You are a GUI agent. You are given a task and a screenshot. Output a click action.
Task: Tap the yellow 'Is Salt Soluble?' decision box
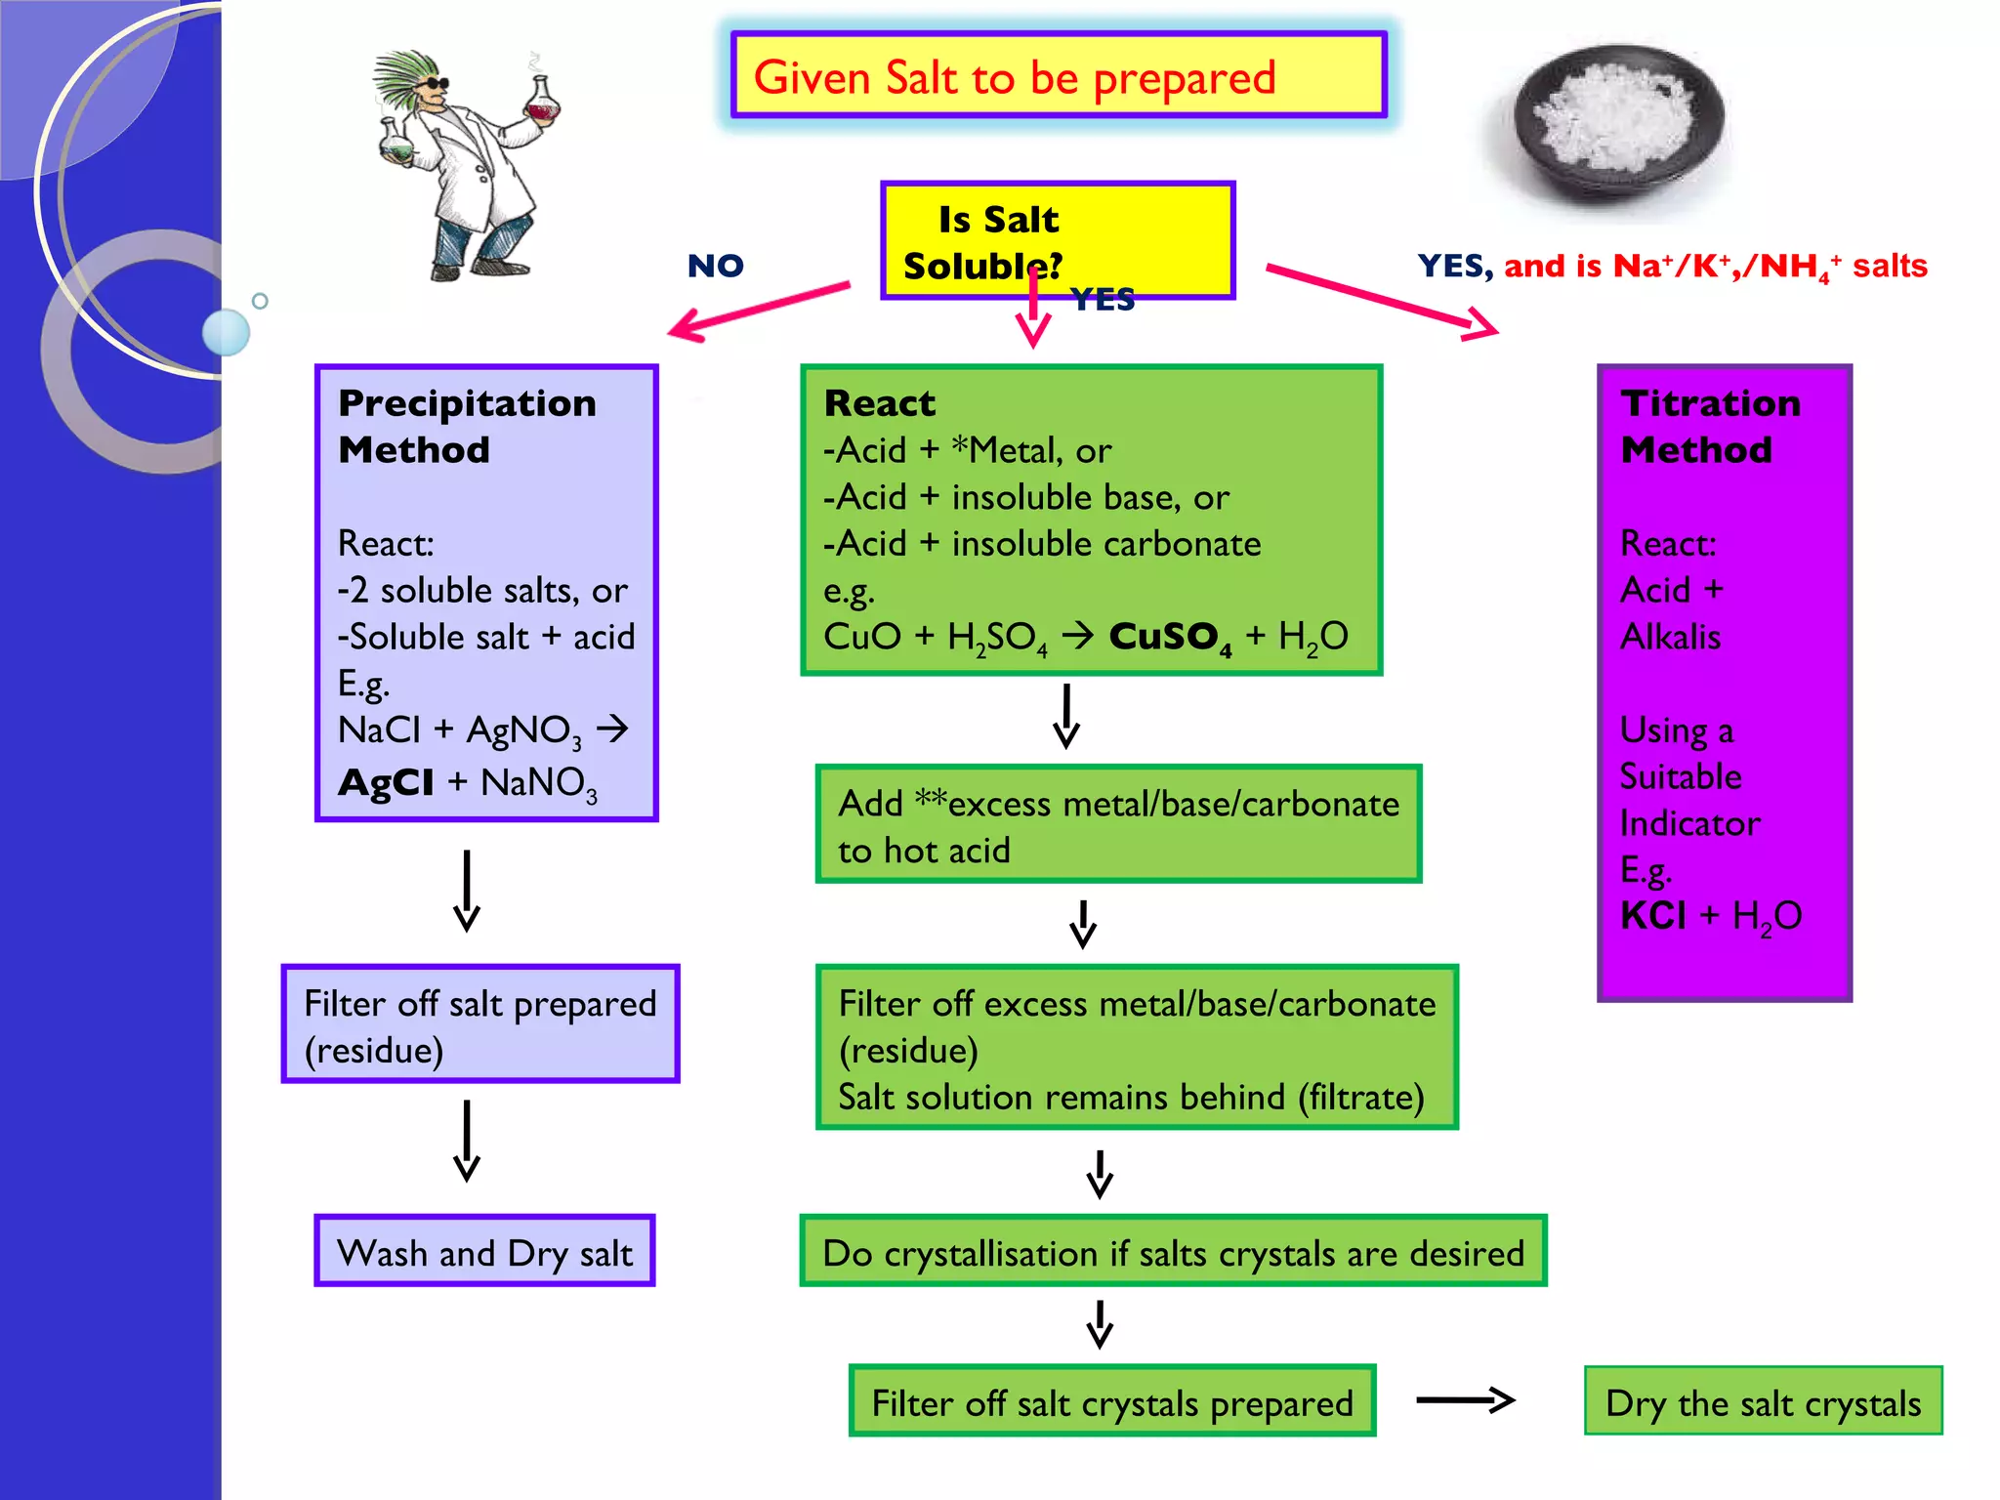[x=1058, y=240]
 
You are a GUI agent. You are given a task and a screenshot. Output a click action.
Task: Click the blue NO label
[x=715, y=266]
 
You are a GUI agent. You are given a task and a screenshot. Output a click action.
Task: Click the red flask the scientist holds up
[x=543, y=100]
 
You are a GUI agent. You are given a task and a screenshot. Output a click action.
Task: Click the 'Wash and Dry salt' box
[x=484, y=1252]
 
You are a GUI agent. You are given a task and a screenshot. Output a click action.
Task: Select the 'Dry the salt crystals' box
[x=1763, y=1402]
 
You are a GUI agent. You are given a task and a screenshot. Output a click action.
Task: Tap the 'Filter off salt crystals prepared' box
[x=1111, y=1402]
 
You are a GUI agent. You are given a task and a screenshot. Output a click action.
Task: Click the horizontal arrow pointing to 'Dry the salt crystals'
[x=1465, y=1400]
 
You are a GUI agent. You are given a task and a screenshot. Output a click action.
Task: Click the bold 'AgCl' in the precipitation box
[x=386, y=782]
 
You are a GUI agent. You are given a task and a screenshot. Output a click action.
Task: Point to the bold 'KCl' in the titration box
[x=1652, y=916]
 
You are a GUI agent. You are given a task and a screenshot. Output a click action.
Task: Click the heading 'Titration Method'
[x=1710, y=426]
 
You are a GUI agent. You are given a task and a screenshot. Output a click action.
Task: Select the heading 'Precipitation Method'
[x=467, y=426]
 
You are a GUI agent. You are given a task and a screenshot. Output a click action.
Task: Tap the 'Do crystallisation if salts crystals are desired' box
[x=1173, y=1252]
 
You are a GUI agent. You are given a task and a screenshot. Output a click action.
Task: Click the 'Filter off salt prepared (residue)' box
[x=480, y=1024]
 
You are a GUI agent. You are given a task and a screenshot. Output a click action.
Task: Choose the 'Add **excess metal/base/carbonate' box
[x=1118, y=825]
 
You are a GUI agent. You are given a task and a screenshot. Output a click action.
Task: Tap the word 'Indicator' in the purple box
[x=1689, y=823]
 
